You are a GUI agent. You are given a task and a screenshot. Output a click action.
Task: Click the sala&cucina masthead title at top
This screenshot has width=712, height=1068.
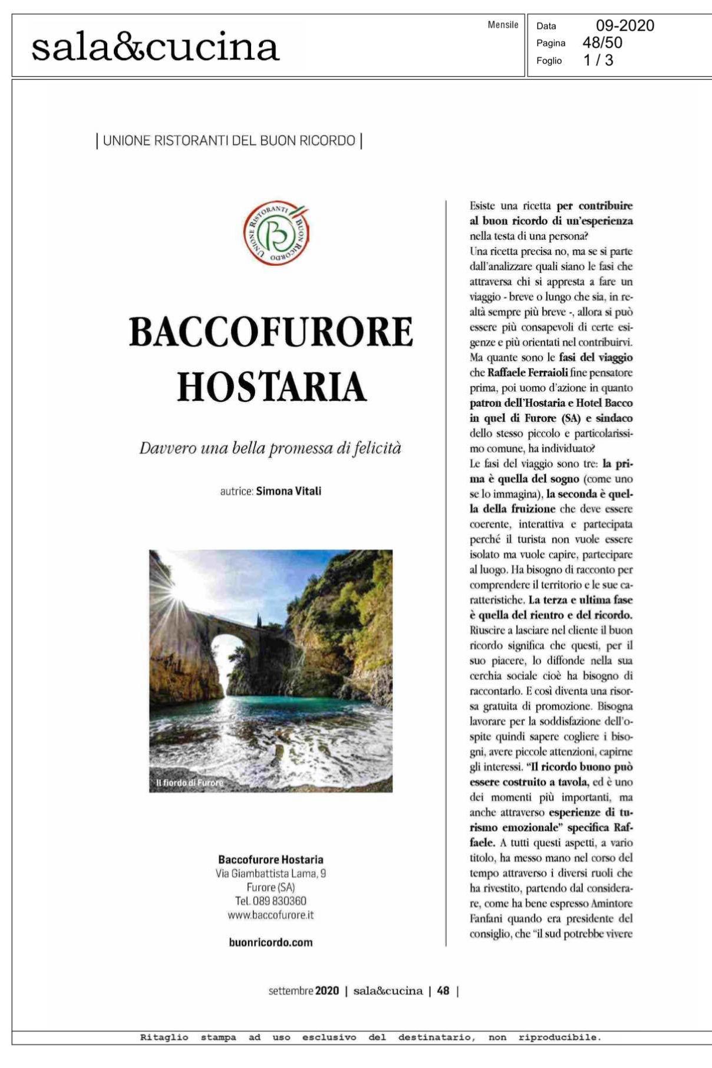pyautogui.click(x=155, y=47)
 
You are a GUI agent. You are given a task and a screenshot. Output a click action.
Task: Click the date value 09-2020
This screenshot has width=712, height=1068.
pyautogui.click(x=625, y=25)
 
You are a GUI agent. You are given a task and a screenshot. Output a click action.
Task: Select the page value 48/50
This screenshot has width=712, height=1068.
pyautogui.click(x=602, y=42)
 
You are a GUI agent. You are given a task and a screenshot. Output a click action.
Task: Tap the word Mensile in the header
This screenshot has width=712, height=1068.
pyautogui.click(x=503, y=25)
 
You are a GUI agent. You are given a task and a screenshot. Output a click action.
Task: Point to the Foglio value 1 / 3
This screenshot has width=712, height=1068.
pyautogui.click(x=598, y=60)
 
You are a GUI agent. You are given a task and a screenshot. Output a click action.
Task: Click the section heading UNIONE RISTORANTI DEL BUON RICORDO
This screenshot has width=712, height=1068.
pyautogui.click(x=229, y=141)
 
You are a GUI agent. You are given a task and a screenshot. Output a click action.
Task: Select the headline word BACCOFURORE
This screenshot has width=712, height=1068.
pyautogui.click(x=271, y=332)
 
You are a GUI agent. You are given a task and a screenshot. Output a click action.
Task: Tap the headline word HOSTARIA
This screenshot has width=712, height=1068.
pyautogui.click(x=272, y=387)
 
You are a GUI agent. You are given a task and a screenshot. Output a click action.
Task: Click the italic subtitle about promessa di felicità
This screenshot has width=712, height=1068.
pyautogui.click(x=270, y=448)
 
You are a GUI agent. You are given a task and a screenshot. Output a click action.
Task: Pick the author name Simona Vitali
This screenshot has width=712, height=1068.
pyautogui.click(x=288, y=491)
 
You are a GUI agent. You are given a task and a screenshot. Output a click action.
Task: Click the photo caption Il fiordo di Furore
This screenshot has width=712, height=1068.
pyautogui.click(x=190, y=783)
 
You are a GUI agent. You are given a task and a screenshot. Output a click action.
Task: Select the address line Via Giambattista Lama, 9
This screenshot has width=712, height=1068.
pyautogui.click(x=271, y=873)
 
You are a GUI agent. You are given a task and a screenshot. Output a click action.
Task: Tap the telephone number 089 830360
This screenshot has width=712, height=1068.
pyautogui.click(x=279, y=901)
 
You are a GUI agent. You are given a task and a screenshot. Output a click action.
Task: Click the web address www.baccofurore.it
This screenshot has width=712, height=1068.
pyautogui.click(x=271, y=915)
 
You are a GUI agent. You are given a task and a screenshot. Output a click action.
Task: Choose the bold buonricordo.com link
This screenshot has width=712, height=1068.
pyautogui.click(x=271, y=942)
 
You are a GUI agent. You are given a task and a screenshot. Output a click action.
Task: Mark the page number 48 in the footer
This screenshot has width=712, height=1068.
pyautogui.click(x=443, y=991)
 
